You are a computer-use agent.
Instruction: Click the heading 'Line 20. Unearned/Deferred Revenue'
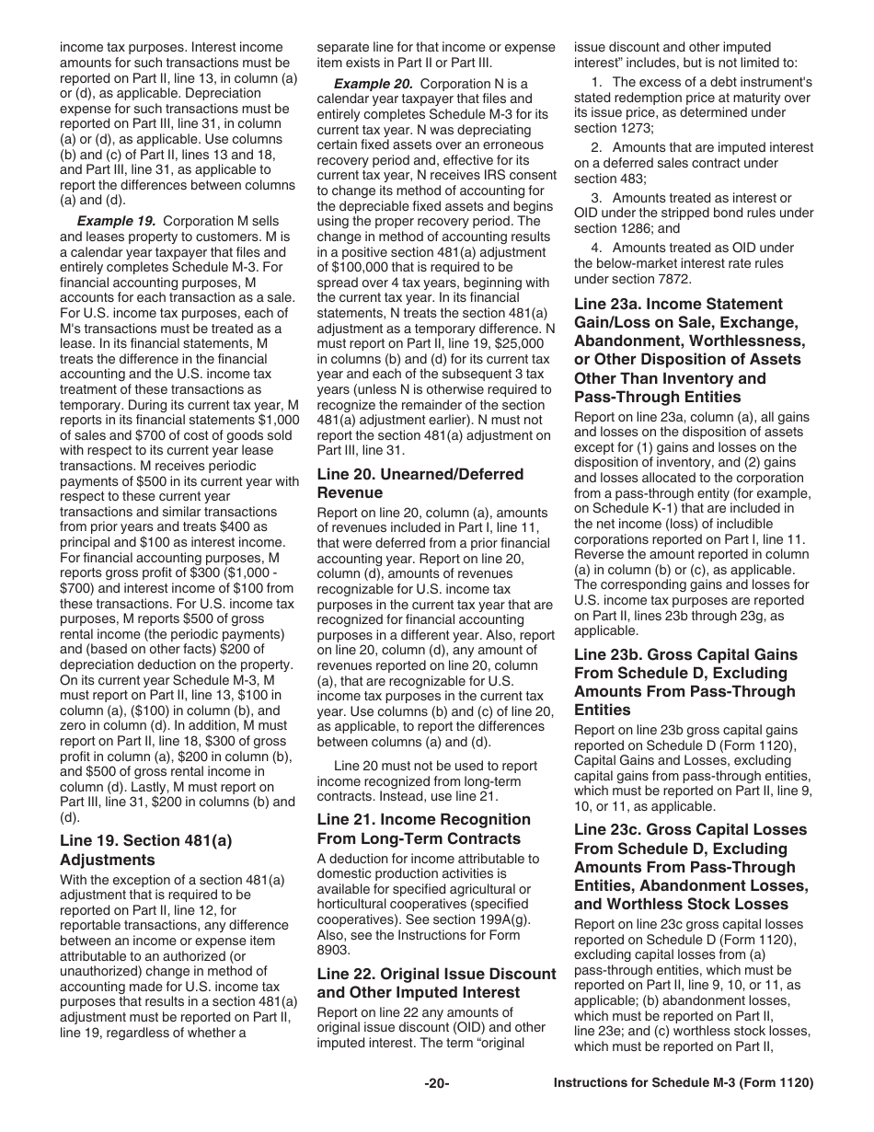[420, 483]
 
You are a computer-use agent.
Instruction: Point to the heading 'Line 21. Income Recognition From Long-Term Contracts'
[423, 829]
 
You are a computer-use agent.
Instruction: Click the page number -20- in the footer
[436, 1084]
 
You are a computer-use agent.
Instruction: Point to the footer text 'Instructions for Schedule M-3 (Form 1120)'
[684, 1084]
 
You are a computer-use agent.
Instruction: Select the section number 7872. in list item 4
[673, 279]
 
